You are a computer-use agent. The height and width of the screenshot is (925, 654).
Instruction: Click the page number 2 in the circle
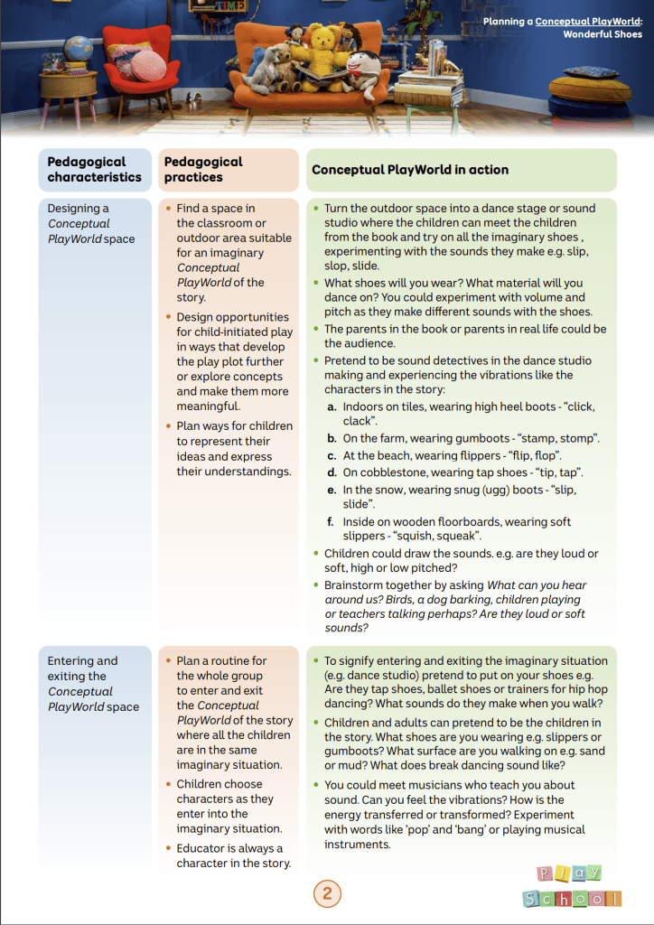(327, 894)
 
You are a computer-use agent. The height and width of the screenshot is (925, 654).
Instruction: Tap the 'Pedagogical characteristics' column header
(95, 170)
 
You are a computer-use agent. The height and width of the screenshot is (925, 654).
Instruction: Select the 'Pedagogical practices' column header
(203, 170)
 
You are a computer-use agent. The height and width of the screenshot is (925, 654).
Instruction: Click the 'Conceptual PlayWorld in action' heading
(410, 170)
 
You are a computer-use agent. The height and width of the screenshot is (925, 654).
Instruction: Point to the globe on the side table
(79, 49)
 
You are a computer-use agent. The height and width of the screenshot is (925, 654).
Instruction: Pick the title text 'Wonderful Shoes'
(603, 34)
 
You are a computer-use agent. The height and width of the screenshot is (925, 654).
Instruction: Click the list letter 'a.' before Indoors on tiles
(332, 407)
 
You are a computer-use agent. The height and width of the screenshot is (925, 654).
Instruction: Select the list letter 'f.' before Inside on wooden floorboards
(332, 522)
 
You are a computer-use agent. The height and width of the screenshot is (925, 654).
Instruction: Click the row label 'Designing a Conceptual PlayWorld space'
(91, 224)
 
